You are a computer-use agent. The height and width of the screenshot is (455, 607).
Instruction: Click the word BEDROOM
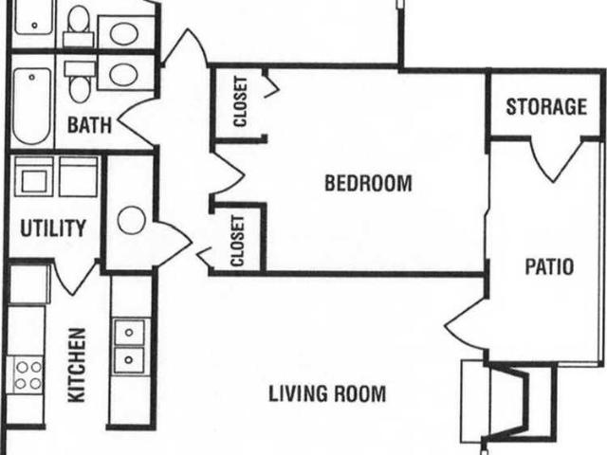pos(368,183)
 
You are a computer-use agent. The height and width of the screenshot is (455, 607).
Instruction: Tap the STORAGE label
pos(545,106)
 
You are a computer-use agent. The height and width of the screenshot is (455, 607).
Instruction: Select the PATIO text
pos(549,266)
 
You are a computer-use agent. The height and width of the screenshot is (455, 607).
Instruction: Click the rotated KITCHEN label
pos(78,365)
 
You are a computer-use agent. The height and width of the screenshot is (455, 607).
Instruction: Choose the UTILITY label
pos(54,228)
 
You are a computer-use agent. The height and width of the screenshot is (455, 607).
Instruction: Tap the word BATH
pos(89,124)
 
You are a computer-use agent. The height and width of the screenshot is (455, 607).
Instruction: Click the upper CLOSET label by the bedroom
pos(240,101)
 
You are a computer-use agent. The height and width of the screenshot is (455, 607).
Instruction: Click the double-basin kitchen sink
pos(128,345)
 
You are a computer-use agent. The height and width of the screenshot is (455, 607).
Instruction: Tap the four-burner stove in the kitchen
pos(27,374)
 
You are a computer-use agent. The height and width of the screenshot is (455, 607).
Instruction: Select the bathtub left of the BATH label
pos(31,105)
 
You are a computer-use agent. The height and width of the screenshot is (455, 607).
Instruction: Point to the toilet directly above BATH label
pos(81,82)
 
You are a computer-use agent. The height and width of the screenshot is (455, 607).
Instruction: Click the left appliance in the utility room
pos(34,176)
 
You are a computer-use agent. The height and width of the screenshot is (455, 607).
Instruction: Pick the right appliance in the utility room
pos(78,176)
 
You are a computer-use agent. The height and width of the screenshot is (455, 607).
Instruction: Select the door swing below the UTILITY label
pos(74,275)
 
